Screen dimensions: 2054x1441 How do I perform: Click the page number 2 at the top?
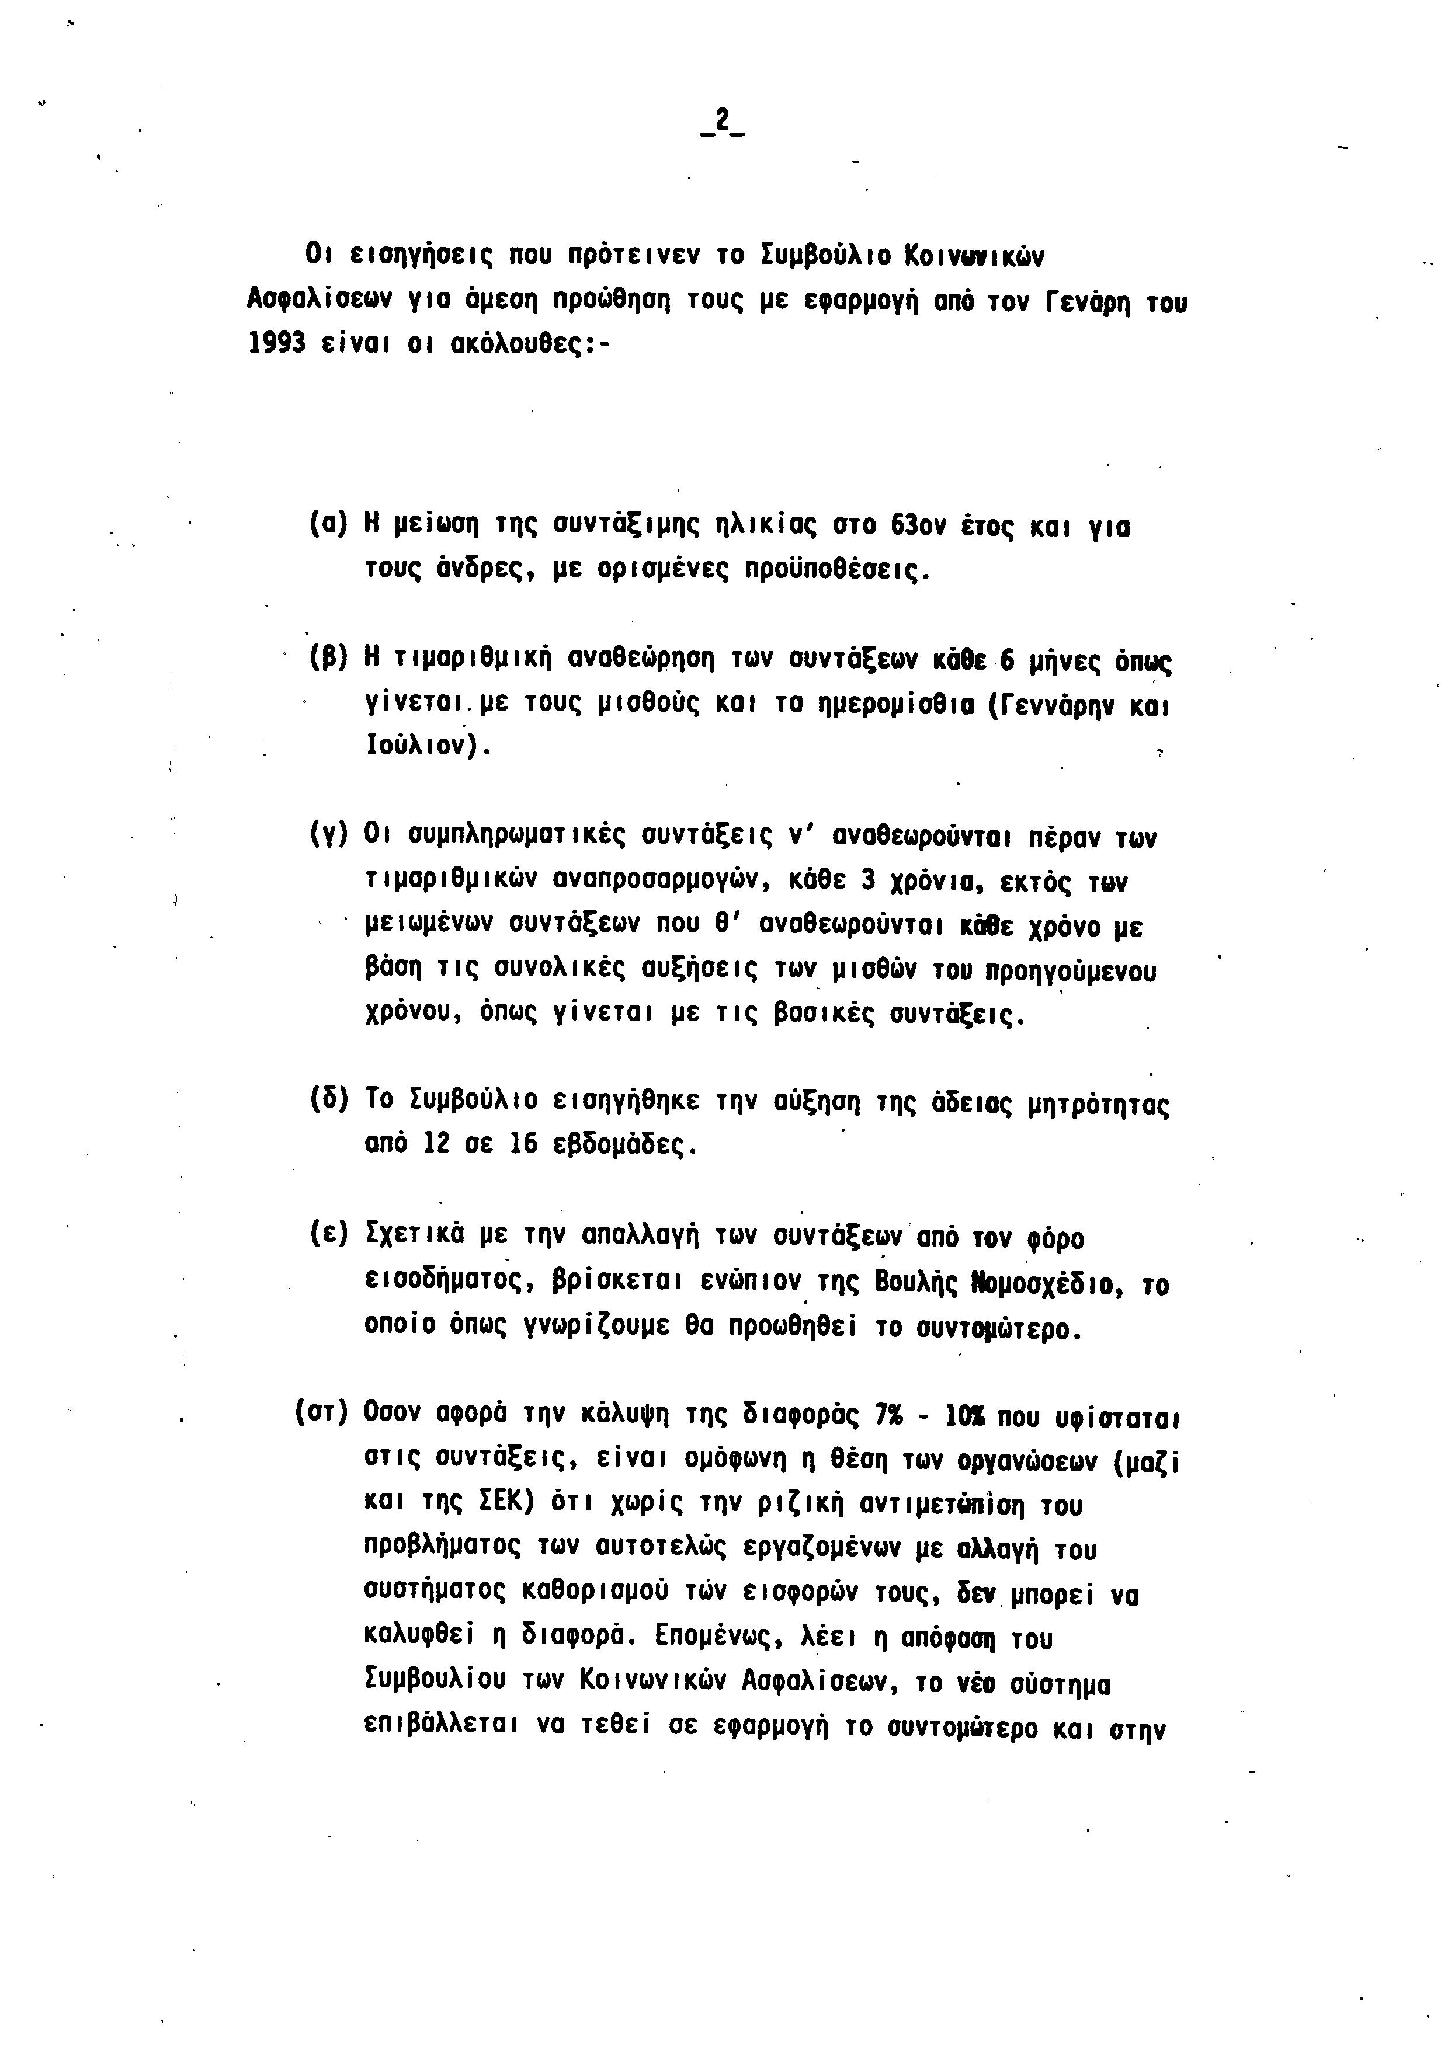tap(721, 123)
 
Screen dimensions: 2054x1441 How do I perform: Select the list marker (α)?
tap(328, 524)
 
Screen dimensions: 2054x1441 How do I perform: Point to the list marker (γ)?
tap(328, 837)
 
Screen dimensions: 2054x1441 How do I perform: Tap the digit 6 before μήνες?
tap(1008, 661)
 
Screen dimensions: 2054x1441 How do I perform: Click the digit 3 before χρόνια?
tap(866, 881)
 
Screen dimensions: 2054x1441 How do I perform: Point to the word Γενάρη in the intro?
tap(1083, 302)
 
